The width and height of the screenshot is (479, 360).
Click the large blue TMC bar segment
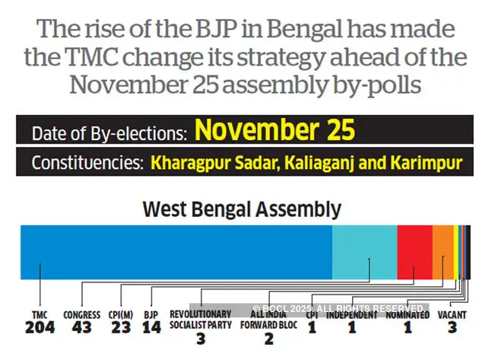[x=175, y=252]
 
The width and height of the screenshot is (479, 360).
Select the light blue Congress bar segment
[x=364, y=252]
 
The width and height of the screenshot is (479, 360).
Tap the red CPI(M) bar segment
[x=414, y=252]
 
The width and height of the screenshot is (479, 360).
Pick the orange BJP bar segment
[x=443, y=252]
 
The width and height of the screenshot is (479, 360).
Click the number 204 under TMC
[x=40, y=328]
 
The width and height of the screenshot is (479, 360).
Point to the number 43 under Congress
[x=81, y=328]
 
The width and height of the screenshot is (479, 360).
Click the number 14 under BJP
[x=151, y=328]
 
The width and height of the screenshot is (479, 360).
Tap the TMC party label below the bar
[x=40, y=314]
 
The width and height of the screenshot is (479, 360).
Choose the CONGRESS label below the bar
[x=81, y=314]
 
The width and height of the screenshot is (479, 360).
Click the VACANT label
[x=452, y=314]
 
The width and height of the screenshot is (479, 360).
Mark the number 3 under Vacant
[x=452, y=328]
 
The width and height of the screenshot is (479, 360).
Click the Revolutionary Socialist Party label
[x=200, y=320]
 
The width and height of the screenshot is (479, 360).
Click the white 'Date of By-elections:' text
[x=109, y=132]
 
